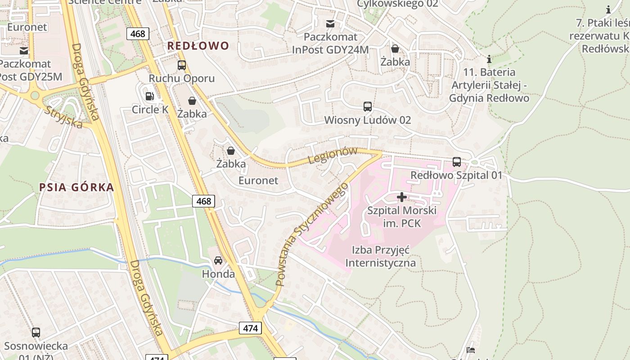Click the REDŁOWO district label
(198, 45)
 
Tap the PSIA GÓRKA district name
(76, 187)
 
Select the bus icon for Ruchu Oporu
(182, 65)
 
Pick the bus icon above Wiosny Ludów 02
(368, 107)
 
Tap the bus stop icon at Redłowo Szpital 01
(456, 162)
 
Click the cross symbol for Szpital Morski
(401, 197)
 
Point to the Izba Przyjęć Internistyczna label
(380, 256)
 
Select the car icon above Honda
(218, 261)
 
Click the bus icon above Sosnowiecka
(36, 333)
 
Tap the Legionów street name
(333, 156)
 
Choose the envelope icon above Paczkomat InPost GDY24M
(330, 23)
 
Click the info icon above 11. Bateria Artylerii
(489, 59)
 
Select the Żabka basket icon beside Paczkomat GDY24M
(395, 49)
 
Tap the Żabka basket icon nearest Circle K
(192, 101)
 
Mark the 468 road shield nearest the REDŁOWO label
(138, 34)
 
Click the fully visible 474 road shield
(250, 328)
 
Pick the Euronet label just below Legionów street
(258, 180)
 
